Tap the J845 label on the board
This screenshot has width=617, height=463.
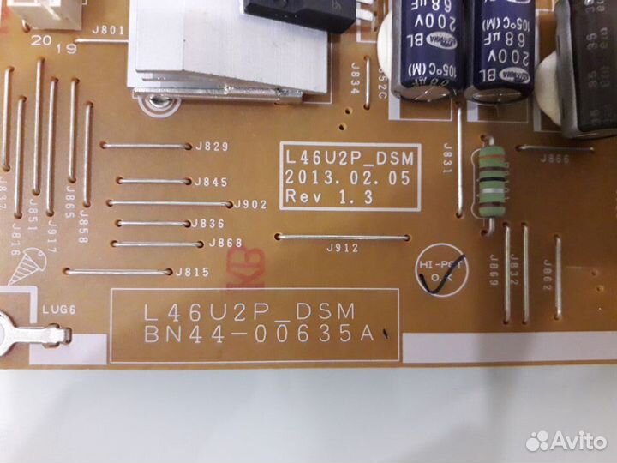tap(210, 182)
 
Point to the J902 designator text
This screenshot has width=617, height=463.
tap(251, 205)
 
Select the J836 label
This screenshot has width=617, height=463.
tap(209, 224)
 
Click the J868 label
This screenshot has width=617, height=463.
tap(225, 244)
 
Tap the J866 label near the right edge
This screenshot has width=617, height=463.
tap(555, 159)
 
